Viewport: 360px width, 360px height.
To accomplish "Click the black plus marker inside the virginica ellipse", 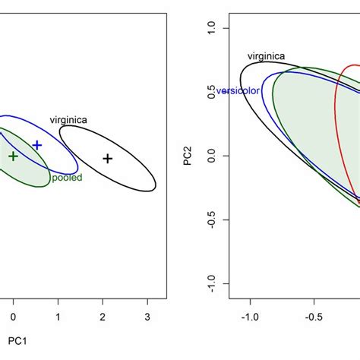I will (x=108, y=158).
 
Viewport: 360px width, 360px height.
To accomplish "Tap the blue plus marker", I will (x=36, y=144).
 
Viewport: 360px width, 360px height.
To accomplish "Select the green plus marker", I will (x=13, y=156).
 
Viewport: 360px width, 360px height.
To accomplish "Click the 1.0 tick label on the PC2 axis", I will (x=213, y=28).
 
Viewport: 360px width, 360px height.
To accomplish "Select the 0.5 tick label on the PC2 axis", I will (x=213, y=92).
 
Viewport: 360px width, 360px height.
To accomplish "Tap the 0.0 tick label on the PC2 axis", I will (x=213, y=156).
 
